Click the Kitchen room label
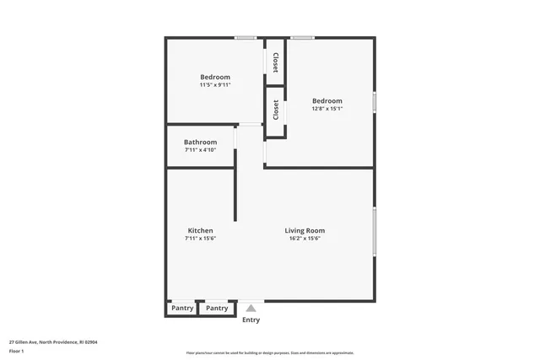[200, 230]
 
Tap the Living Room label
[304, 230]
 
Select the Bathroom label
[200, 142]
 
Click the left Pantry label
[182, 308]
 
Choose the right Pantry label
[217, 308]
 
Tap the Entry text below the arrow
[251, 320]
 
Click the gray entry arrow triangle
[251, 309]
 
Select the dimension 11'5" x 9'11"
[214, 85]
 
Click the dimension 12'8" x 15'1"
[327, 108]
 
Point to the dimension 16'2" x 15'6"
[304, 239]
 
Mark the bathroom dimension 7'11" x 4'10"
[200, 150]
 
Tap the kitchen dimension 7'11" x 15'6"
[200, 239]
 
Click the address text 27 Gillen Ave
[53, 342]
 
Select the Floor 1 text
[17, 351]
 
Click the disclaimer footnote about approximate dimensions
[269, 353]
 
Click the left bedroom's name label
[214, 77]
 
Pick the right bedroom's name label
[327, 99]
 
